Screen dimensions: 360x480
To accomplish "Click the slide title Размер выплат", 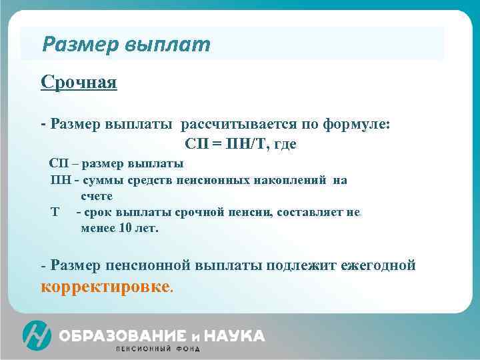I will pos(125,45).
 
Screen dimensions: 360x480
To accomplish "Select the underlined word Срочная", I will pos(79,82).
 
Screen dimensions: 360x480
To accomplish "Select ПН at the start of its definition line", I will pos(60,180).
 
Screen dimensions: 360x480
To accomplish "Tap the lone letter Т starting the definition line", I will pos(55,212).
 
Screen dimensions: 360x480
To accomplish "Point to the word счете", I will pos(97,196).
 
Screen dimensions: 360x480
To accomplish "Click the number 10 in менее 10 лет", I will pos(125,228).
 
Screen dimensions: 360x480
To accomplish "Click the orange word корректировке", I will pos(105,287).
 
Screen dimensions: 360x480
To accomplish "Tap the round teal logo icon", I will pos(37,335).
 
